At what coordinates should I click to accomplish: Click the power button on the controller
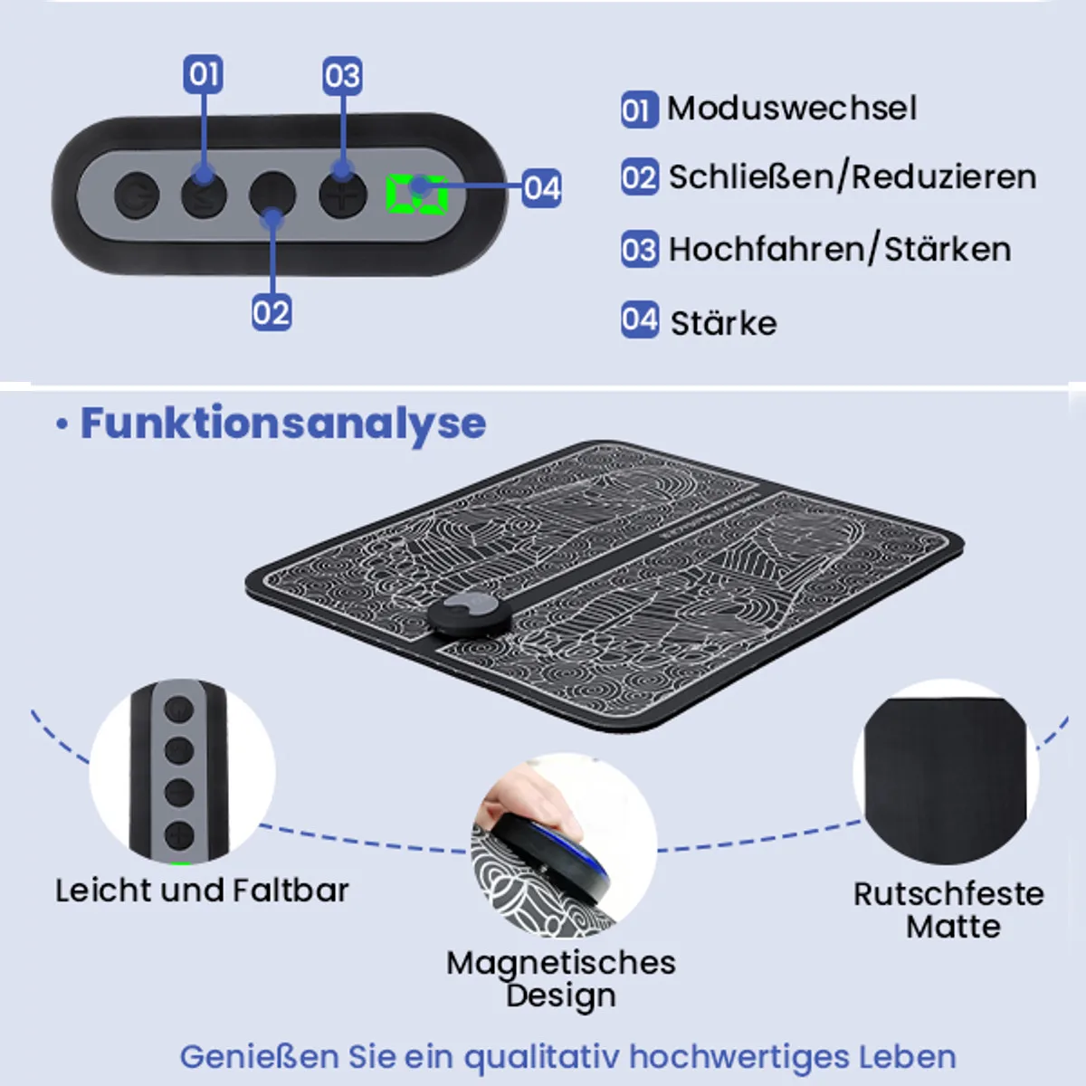point(137,195)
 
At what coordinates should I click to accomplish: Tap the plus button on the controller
point(343,195)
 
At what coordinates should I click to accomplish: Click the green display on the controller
point(417,195)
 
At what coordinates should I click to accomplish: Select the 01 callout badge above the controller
point(203,74)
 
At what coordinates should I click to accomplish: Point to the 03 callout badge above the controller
point(343,75)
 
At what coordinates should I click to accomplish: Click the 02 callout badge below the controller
point(271,311)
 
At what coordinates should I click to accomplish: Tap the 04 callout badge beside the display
point(541,187)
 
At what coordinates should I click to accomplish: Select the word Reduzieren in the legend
point(944,177)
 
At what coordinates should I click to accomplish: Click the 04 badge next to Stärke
point(640,319)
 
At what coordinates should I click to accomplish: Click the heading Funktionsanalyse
point(283,424)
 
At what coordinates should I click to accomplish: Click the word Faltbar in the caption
point(291,891)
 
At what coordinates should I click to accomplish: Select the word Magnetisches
point(561,963)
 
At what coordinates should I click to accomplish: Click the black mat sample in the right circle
point(946,781)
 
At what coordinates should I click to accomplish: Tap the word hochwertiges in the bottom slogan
point(738,1057)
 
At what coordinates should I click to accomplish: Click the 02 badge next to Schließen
point(640,177)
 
